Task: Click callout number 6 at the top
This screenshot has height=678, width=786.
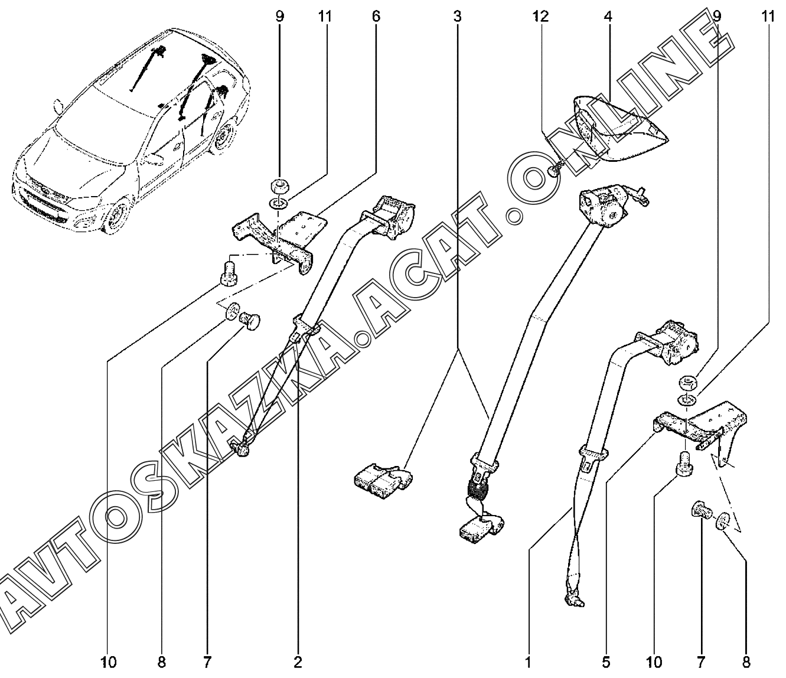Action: click(376, 17)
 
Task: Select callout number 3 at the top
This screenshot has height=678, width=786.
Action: click(456, 17)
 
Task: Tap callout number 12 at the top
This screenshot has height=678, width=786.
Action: click(539, 17)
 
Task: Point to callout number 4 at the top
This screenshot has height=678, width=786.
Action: click(608, 17)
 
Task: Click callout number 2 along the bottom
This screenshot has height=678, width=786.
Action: click(298, 661)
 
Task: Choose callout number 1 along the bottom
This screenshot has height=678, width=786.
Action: click(529, 661)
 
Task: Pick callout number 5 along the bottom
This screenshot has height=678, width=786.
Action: click(606, 661)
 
